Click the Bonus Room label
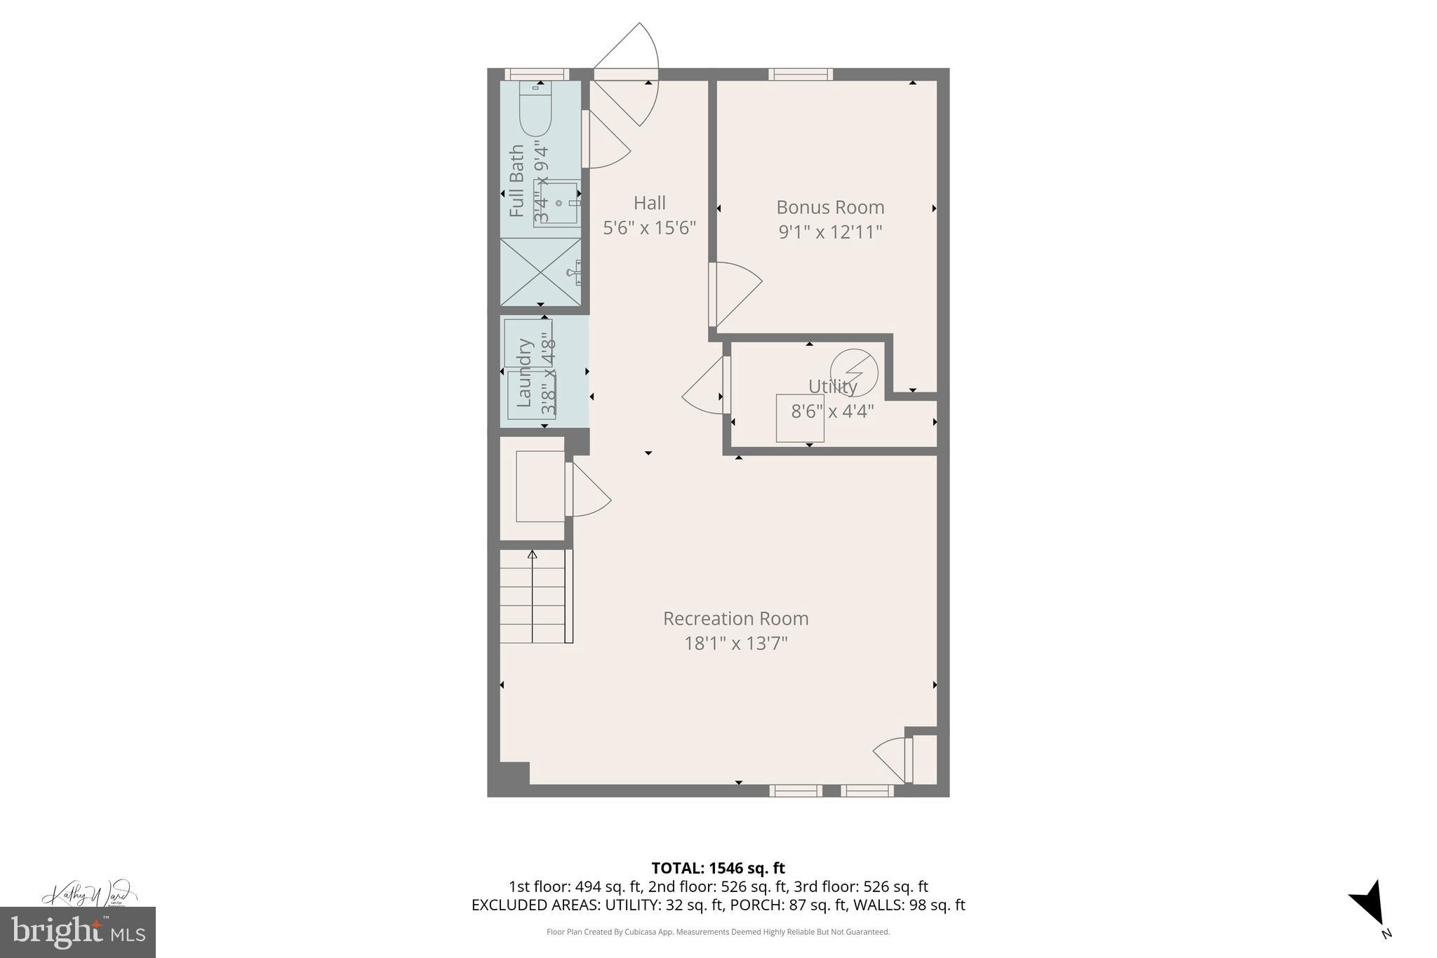click(830, 207)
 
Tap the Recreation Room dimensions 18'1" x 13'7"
click(736, 643)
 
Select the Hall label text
click(649, 203)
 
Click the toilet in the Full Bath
click(535, 109)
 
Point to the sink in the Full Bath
click(559, 203)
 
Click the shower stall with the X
click(540, 272)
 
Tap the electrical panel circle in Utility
click(854, 372)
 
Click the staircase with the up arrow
click(533, 597)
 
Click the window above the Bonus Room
click(800, 74)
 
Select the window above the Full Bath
click(537, 74)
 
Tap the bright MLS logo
click(77, 932)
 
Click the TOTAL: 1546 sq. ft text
click(718, 868)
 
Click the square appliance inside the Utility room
click(799, 418)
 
